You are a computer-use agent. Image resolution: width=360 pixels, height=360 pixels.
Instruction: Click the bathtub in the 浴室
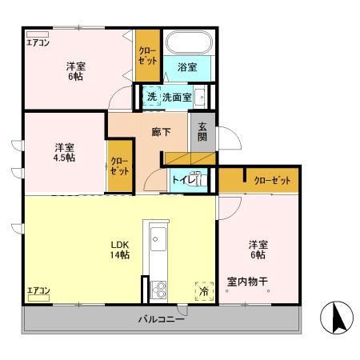[187, 42]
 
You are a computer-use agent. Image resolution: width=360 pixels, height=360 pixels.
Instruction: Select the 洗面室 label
[176, 97]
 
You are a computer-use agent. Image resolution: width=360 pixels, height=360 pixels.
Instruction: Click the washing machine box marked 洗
[150, 97]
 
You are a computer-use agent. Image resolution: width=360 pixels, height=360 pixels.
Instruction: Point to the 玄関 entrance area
[201, 133]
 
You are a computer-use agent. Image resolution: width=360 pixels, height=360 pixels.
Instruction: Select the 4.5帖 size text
[65, 158]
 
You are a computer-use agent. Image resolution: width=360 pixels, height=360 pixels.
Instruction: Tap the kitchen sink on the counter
[157, 238]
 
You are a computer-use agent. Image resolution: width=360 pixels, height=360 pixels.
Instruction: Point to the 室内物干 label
[247, 281]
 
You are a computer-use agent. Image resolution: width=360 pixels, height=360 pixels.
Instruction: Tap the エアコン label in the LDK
[38, 290]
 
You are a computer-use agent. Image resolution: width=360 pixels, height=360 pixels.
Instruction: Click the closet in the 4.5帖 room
[119, 167]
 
